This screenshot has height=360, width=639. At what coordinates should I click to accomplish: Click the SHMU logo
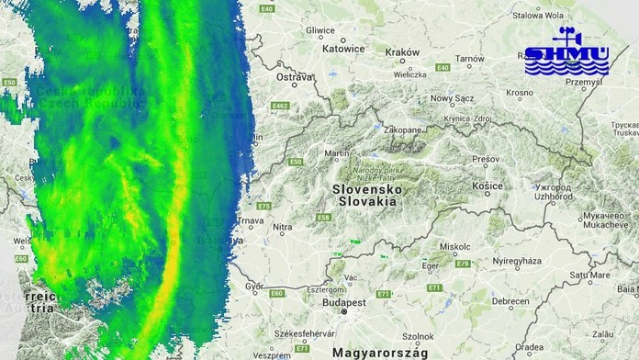(x=566, y=54)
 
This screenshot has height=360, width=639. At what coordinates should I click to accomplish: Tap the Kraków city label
(x=402, y=52)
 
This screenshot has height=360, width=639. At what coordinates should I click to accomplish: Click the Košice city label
(x=488, y=186)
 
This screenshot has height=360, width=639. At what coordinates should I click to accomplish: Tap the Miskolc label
(x=455, y=246)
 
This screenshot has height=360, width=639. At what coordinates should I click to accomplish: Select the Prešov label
(x=486, y=159)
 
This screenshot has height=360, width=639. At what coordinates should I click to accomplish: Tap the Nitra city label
(x=283, y=227)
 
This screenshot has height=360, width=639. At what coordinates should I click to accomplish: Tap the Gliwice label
(x=320, y=29)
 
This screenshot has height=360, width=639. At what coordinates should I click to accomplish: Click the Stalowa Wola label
(x=538, y=15)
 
